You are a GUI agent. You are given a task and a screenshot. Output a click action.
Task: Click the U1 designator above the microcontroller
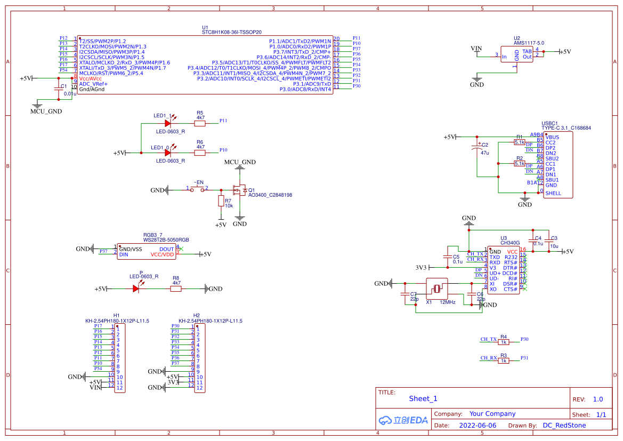(205, 27)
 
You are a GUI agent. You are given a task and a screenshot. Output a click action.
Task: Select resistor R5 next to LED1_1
(200, 124)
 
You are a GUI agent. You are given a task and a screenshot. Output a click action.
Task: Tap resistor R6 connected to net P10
(200, 153)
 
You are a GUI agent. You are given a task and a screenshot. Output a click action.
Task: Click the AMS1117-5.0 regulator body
(516, 54)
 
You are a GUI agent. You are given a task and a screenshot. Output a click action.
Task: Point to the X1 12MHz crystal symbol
(436, 289)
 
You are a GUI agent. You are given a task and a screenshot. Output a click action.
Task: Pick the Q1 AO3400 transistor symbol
(239, 190)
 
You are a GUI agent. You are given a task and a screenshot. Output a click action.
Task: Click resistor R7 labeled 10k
(221, 201)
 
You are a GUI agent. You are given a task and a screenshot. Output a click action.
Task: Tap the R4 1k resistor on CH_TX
(504, 342)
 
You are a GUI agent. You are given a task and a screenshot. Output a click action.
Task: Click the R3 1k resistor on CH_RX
(504, 361)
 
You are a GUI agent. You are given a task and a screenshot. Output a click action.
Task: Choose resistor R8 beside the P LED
(176, 289)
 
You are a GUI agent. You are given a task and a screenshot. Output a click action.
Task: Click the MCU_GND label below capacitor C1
(46, 111)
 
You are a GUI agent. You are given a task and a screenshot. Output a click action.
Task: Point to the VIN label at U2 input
(476, 49)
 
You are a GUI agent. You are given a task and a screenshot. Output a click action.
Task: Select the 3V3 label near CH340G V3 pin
(421, 268)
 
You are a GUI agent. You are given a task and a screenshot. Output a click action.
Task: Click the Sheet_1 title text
(423, 399)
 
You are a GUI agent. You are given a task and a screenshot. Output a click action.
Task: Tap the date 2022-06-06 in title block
(478, 426)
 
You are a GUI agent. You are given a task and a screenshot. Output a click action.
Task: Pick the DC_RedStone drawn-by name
(564, 426)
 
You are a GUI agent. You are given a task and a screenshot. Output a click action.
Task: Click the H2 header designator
(196, 315)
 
